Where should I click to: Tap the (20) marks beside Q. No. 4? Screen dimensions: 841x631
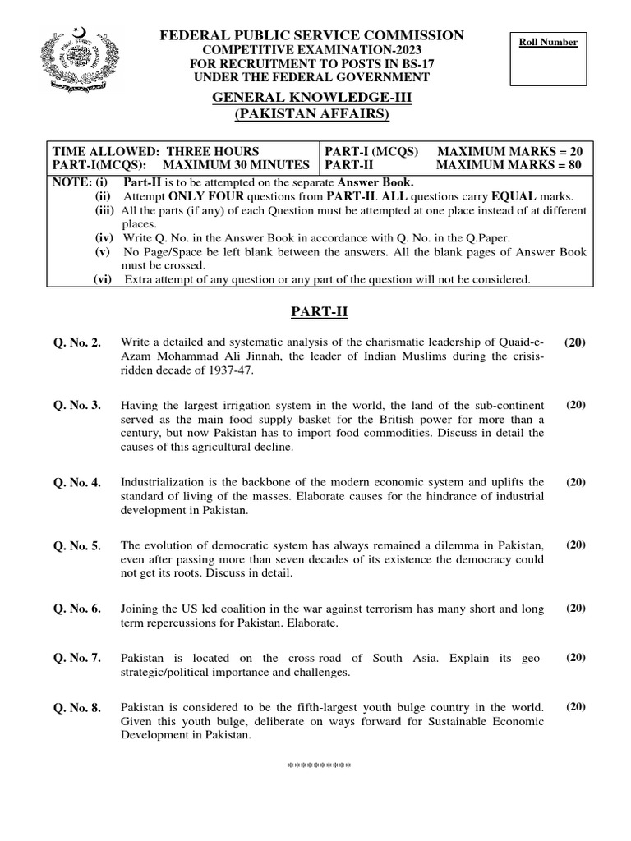coord(575,482)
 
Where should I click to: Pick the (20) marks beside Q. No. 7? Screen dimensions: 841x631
coord(575,658)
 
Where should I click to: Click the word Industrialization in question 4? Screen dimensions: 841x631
coord(166,482)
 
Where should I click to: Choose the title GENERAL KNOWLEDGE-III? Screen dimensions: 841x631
coord(311,97)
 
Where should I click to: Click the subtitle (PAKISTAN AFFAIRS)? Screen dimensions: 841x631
coord(311,113)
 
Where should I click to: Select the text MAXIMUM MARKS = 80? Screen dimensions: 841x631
coord(510,165)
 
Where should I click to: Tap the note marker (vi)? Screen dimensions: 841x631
coord(102,279)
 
